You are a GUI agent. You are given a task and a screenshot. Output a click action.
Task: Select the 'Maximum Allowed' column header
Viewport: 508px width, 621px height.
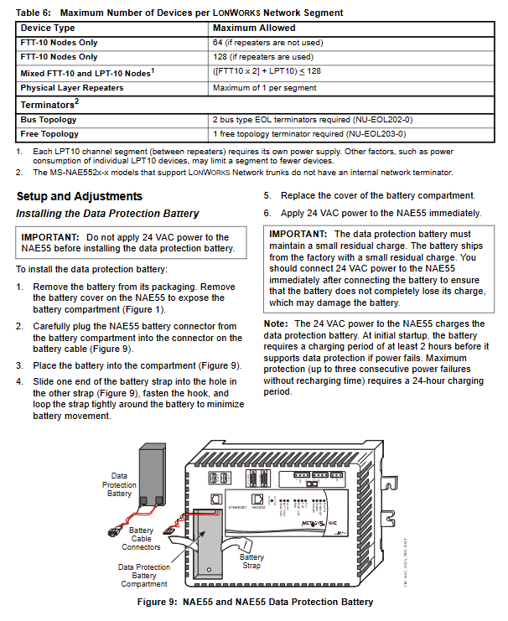pos(251,28)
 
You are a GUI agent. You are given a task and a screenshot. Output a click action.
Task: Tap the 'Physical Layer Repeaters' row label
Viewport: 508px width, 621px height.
pos(72,88)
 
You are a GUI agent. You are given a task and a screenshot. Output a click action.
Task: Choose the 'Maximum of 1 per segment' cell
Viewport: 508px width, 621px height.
pos(262,88)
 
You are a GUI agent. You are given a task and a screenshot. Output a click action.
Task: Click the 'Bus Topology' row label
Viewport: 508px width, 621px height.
pos(48,120)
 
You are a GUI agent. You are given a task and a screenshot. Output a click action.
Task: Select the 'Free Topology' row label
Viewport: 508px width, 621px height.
pos(49,135)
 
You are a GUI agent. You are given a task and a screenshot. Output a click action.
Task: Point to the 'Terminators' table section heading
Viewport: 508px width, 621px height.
pos(49,104)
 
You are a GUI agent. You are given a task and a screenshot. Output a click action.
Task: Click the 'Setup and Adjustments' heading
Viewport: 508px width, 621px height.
pos(79,196)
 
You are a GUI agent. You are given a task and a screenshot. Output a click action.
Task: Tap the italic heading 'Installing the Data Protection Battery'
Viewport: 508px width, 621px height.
pos(107,214)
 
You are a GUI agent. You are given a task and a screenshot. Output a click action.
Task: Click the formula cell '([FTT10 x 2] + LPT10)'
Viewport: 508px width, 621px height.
pos(267,72)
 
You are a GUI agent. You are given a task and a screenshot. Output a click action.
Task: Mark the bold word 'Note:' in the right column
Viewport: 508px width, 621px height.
pos(276,323)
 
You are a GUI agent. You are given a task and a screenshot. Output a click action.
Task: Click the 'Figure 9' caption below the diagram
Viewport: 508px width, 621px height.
pos(254,602)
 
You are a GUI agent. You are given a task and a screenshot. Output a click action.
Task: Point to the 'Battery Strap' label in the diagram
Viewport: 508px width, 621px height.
pos(251,561)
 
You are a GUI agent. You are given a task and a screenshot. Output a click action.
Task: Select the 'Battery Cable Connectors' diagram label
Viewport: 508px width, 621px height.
pos(140,540)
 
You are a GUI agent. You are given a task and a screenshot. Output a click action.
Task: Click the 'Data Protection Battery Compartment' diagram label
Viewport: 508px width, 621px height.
pos(143,576)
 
